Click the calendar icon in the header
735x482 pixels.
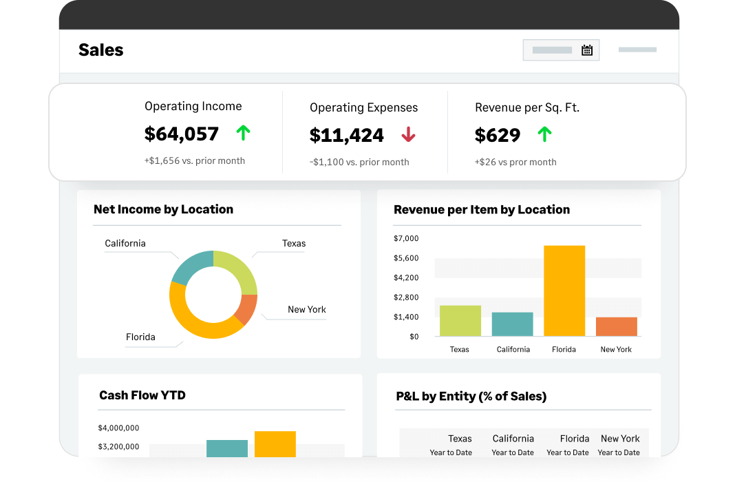coord(587,50)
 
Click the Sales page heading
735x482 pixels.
coord(101,50)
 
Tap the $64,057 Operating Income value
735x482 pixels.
coord(182,134)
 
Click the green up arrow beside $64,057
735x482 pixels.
coord(243,133)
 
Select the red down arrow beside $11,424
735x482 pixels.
coord(408,135)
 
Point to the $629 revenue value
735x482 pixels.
coord(498,135)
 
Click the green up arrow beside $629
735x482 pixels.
coord(544,134)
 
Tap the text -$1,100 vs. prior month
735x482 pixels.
coord(359,163)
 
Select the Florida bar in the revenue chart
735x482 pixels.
coord(564,291)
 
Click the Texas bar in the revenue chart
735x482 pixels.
coord(460,321)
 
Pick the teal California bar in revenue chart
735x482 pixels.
coord(512,324)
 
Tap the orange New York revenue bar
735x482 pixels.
coord(616,326)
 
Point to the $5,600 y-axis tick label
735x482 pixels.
coord(406,258)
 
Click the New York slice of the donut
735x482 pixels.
coord(247,309)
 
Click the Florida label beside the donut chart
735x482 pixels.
coord(140,337)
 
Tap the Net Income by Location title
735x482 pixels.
coord(163,209)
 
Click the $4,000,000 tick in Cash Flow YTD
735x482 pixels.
coord(118,428)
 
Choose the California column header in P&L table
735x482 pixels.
coord(513,439)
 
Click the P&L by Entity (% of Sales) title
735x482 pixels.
coord(471,397)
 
